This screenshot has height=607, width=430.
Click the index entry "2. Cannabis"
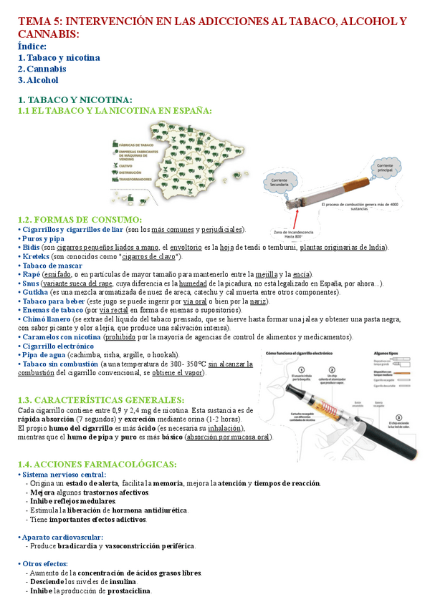pos(42,69)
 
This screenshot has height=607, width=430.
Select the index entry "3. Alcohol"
pos(38,80)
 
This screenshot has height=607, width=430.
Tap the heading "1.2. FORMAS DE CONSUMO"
pos(80,219)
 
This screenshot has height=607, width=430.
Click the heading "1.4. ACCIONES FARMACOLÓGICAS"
pos(96,465)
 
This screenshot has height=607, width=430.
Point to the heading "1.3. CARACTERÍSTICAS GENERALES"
pos(100,399)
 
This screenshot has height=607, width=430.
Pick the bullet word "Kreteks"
pos(36,256)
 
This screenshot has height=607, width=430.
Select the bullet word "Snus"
pos(31,283)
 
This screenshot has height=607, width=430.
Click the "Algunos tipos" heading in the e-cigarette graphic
pos(388,354)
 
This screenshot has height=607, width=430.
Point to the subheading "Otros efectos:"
pos(45,564)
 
